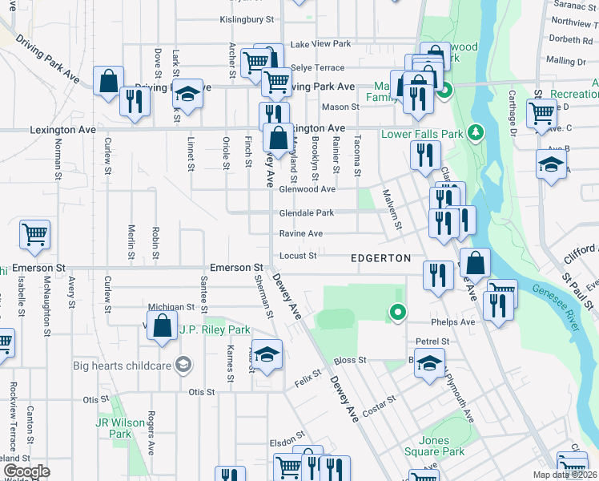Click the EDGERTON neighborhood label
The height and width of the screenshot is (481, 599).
[381, 258]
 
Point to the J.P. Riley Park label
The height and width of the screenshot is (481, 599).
[215, 329]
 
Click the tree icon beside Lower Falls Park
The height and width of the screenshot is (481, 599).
[476, 131]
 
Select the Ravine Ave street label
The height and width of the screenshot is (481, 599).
[300, 234]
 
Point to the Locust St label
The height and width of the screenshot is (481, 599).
[298, 257]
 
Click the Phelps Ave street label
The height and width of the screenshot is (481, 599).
[456, 322]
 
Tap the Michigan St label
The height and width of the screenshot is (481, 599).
[171, 307]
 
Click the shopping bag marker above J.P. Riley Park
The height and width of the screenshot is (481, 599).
[162, 325]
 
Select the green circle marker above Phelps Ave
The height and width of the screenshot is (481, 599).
[396, 312]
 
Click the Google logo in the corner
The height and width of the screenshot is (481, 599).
[26, 471]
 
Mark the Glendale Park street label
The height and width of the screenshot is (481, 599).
[306, 213]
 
